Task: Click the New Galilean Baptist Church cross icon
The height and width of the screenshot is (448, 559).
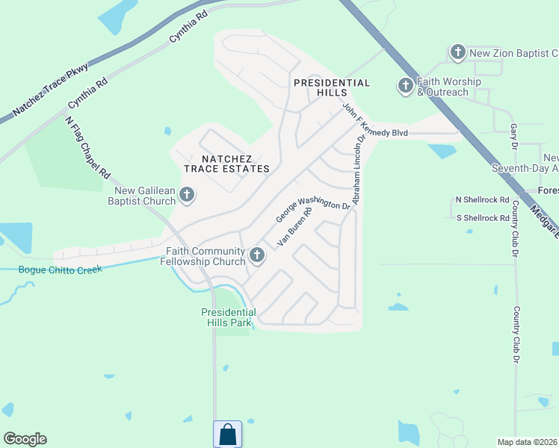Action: pyautogui.click(x=187, y=196)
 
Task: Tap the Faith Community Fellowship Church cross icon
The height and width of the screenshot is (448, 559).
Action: pyautogui.click(x=257, y=256)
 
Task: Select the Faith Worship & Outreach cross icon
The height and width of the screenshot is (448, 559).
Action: pyautogui.click(x=405, y=86)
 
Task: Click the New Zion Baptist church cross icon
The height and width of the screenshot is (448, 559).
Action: pyautogui.click(x=457, y=52)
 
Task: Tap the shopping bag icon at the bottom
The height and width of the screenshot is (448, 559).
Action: pyautogui.click(x=227, y=434)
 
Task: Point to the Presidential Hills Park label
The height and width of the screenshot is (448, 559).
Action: pyautogui.click(x=229, y=317)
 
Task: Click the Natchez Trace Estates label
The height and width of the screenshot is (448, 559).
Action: pyautogui.click(x=235, y=164)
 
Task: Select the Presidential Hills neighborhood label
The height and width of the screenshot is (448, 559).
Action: pyautogui.click(x=331, y=87)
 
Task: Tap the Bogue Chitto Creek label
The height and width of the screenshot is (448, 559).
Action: pyautogui.click(x=60, y=270)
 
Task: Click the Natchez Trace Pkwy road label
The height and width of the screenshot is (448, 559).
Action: pyautogui.click(x=51, y=91)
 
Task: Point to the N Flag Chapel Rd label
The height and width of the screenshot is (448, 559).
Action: pyautogui.click(x=87, y=147)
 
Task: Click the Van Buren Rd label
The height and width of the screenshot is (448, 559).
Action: pyautogui.click(x=294, y=226)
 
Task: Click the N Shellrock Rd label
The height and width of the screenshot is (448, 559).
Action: pyautogui.click(x=482, y=200)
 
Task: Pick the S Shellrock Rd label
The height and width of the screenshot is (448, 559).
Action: pyautogui.click(x=482, y=218)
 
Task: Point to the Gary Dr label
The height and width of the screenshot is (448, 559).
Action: pyautogui.click(x=513, y=135)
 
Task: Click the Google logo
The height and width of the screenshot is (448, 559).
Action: pyautogui.click(x=25, y=439)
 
